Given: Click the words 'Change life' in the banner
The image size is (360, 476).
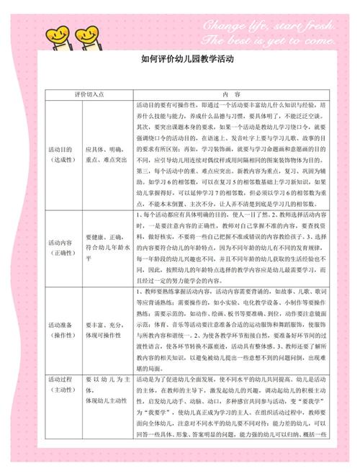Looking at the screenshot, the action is click(x=245, y=25).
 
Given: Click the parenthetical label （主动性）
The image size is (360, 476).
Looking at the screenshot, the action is click(x=62, y=388).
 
